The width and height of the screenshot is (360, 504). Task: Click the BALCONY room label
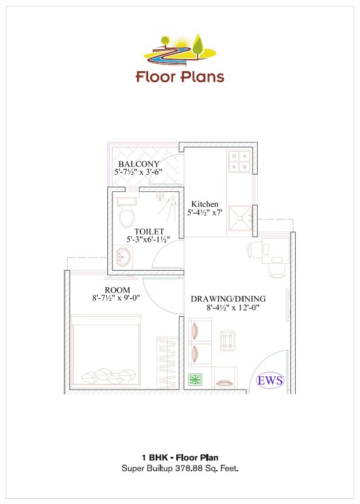click(x=139, y=164)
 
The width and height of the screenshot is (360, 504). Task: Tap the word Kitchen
click(x=205, y=204)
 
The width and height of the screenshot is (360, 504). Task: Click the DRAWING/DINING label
click(x=229, y=299)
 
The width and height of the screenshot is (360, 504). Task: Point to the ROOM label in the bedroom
click(x=117, y=290)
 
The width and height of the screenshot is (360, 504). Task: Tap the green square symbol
click(x=195, y=380)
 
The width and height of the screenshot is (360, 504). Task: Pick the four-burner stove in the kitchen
click(x=238, y=161)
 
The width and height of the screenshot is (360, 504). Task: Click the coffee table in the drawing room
click(x=228, y=341)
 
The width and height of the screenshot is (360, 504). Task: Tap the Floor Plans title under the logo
click(x=180, y=76)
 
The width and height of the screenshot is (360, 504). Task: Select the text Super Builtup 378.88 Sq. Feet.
click(x=180, y=468)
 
